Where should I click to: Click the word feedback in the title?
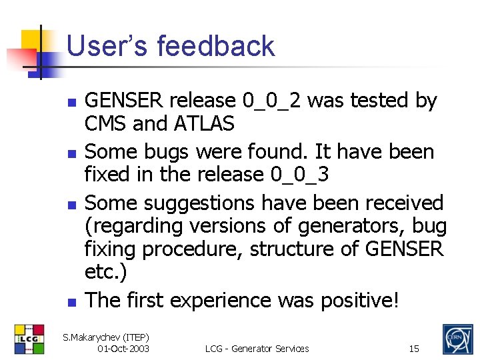[216, 47]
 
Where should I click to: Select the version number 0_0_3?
[300, 175]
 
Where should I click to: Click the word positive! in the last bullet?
[359, 301]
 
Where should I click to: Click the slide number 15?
[414, 349]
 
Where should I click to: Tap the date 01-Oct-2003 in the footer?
[123, 349]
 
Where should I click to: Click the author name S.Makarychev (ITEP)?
[106, 337]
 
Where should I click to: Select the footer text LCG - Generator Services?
[257, 349]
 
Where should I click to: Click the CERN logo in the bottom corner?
[457, 339]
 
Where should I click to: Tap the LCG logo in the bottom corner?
[29, 339]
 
